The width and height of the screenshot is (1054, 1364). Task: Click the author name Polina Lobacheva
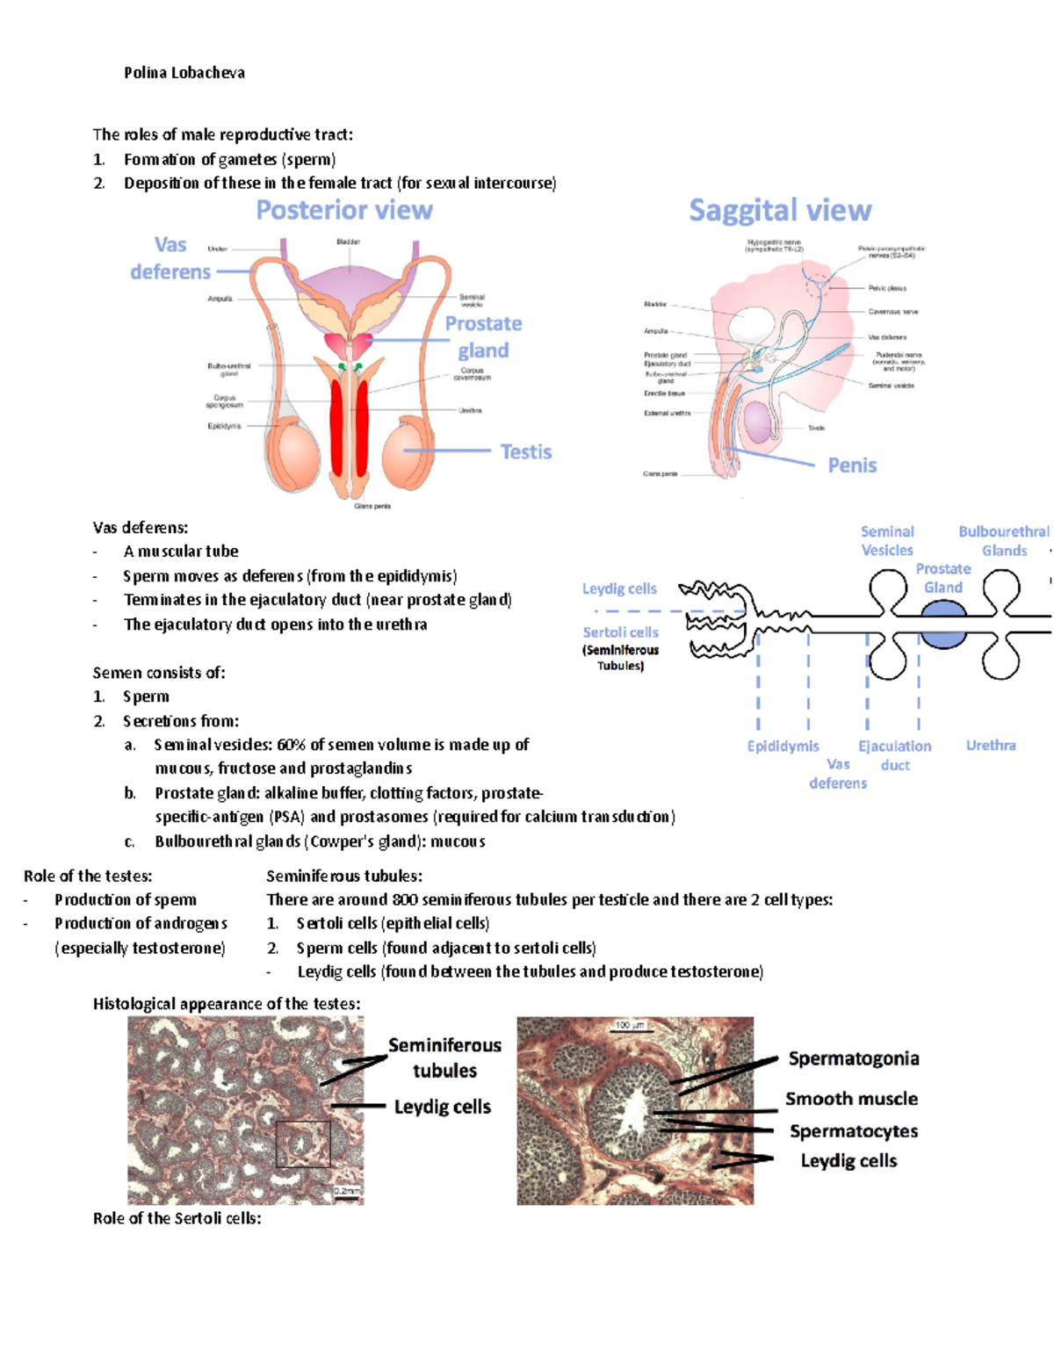pyautogui.click(x=184, y=73)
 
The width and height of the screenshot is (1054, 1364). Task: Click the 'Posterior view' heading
pyautogui.click(x=344, y=211)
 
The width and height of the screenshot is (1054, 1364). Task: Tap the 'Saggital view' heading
pyautogui.click(x=780, y=211)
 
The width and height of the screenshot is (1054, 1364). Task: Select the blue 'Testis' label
pyautogui.click(x=525, y=451)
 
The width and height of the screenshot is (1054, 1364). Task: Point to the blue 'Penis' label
pyautogui.click(x=852, y=465)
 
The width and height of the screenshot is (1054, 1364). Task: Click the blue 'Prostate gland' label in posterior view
pyautogui.click(x=483, y=337)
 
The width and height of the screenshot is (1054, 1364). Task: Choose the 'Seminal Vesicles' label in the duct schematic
pyautogui.click(x=887, y=541)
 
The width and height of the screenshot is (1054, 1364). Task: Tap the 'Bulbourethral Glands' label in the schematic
pyautogui.click(x=1004, y=541)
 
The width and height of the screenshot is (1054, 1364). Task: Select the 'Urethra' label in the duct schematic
pyautogui.click(x=991, y=746)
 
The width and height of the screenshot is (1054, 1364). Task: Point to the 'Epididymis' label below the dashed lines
pyautogui.click(x=783, y=747)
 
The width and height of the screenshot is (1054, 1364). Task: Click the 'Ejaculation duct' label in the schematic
pyautogui.click(x=895, y=755)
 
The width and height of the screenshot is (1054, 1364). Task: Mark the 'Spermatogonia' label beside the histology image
pyautogui.click(x=854, y=1058)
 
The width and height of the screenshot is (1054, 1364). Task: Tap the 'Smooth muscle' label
pyautogui.click(x=851, y=1099)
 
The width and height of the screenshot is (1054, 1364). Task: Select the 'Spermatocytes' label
pyautogui.click(x=854, y=1131)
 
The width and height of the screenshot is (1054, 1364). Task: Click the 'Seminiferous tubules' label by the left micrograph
pyautogui.click(x=444, y=1057)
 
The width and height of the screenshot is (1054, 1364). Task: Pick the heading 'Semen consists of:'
pyautogui.click(x=159, y=673)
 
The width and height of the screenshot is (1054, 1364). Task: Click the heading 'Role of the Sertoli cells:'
pyautogui.click(x=177, y=1218)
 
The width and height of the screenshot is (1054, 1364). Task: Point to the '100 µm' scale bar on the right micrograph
pyautogui.click(x=630, y=1026)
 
